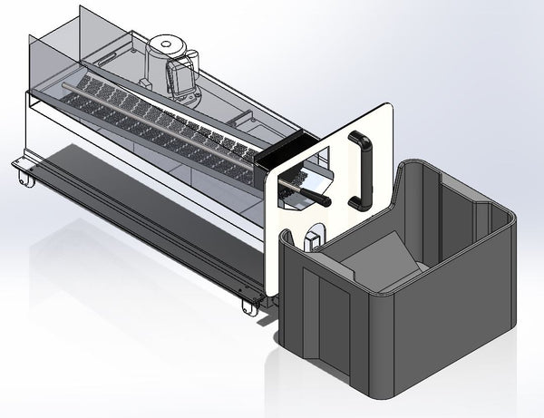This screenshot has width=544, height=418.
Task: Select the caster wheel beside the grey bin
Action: (248, 306)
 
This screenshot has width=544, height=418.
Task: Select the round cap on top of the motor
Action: (166, 44)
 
